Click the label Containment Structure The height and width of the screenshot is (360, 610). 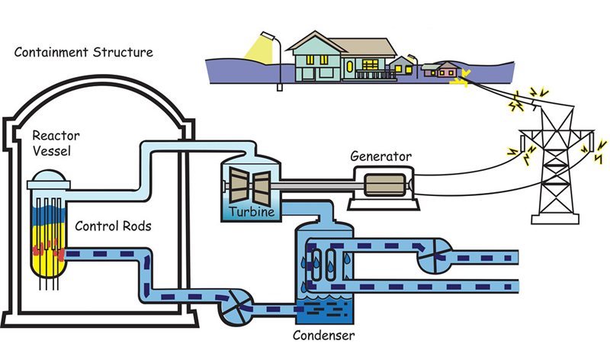point(84,53)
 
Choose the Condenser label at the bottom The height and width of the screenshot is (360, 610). point(324,334)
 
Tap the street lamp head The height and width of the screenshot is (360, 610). point(268,35)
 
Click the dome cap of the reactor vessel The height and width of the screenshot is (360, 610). point(48,179)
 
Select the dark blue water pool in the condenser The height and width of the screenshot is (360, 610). point(323,309)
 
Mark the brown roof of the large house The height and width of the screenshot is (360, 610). point(335,43)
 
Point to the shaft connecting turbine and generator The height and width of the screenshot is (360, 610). point(313,185)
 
